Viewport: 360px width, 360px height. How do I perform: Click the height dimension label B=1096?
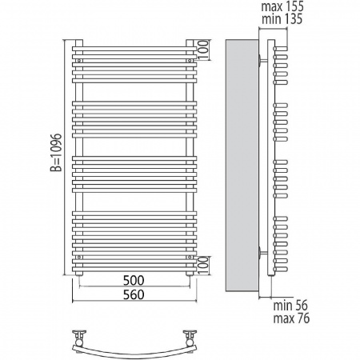[56, 152]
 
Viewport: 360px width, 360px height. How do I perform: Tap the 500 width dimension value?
[134, 280]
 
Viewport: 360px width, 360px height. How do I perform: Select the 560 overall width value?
[134, 294]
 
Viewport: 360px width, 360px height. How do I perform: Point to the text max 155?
[282, 6]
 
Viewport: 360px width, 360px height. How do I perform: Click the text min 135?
[282, 19]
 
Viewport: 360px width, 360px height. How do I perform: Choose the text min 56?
[290, 306]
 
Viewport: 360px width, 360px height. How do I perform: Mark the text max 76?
[291, 318]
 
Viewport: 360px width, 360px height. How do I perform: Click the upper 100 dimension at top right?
[203, 50]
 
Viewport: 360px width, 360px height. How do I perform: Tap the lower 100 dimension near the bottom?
[203, 266]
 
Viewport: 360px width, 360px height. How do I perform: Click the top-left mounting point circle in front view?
[79, 61]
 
